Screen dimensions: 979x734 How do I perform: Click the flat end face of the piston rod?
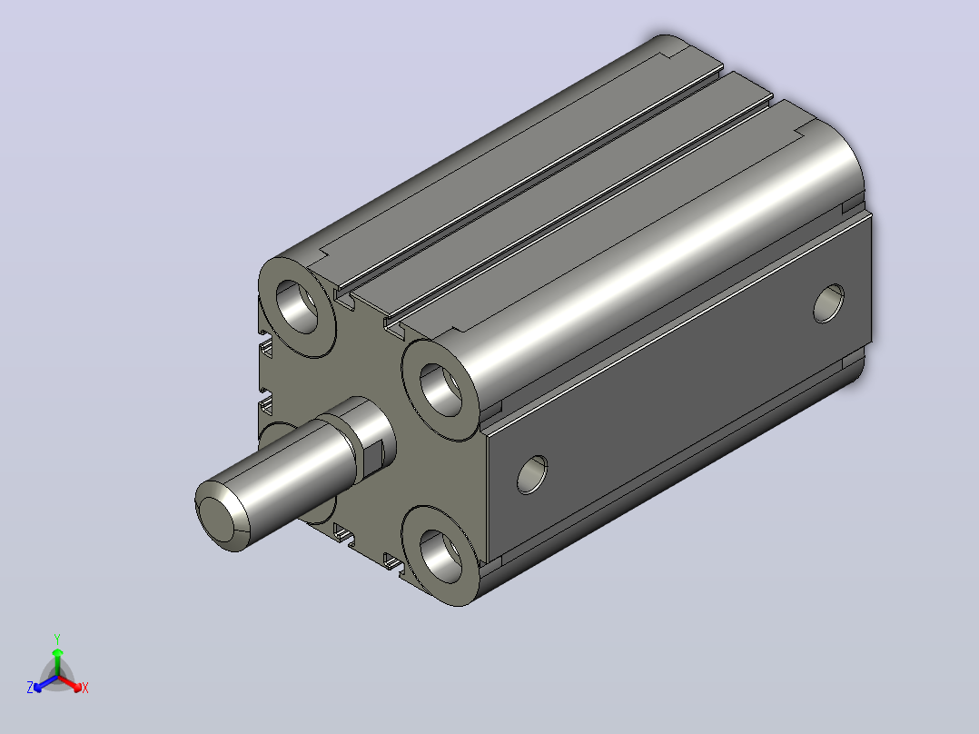coord(218,518)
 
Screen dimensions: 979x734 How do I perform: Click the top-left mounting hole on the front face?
coord(298,306)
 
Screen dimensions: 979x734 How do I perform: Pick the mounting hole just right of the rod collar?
coord(440,391)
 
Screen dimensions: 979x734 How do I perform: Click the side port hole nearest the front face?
coord(532,475)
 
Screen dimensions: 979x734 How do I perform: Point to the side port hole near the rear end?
coord(828,303)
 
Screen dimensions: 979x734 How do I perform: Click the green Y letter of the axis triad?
coord(57,639)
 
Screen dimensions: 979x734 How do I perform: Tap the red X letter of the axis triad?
coord(85,688)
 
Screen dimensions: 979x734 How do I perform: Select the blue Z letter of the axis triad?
coord(30,688)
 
